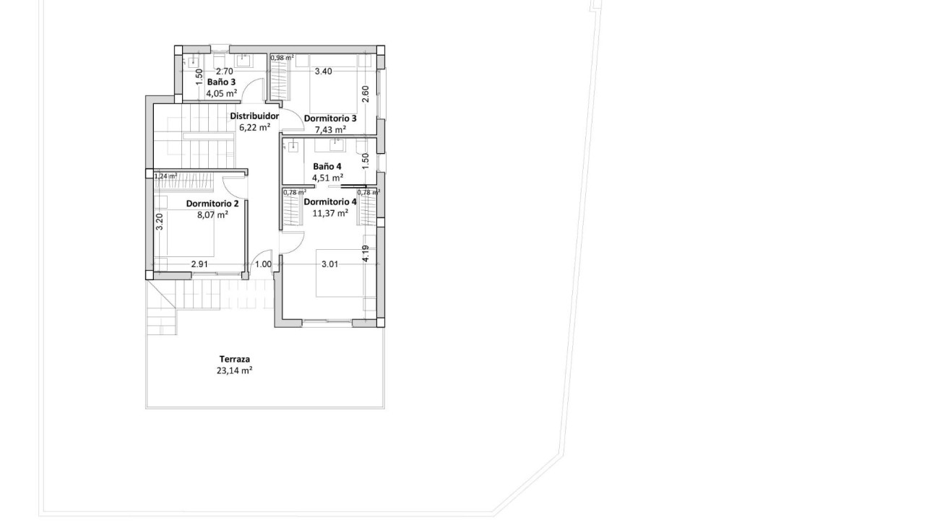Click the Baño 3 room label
coord(221,82)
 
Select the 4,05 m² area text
coord(221,93)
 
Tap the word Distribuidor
coord(254,116)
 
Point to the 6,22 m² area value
coord(254,127)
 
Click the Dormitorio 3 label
coord(330,118)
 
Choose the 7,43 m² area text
coord(330,129)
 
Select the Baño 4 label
coord(327,166)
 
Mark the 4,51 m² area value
coord(327,177)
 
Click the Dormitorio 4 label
coord(330,201)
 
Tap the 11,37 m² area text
coord(330,213)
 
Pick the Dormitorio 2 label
coord(212,204)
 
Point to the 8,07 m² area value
coord(212,214)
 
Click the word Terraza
coord(235,359)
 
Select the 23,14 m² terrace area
coord(235,370)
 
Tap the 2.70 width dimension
coord(225,71)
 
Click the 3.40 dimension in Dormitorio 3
coord(323,71)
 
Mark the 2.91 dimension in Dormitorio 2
coord(199,264)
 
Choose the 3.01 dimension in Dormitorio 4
coord(329,264)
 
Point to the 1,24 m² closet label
coord(165,175)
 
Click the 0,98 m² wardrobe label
coord(282,58)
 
